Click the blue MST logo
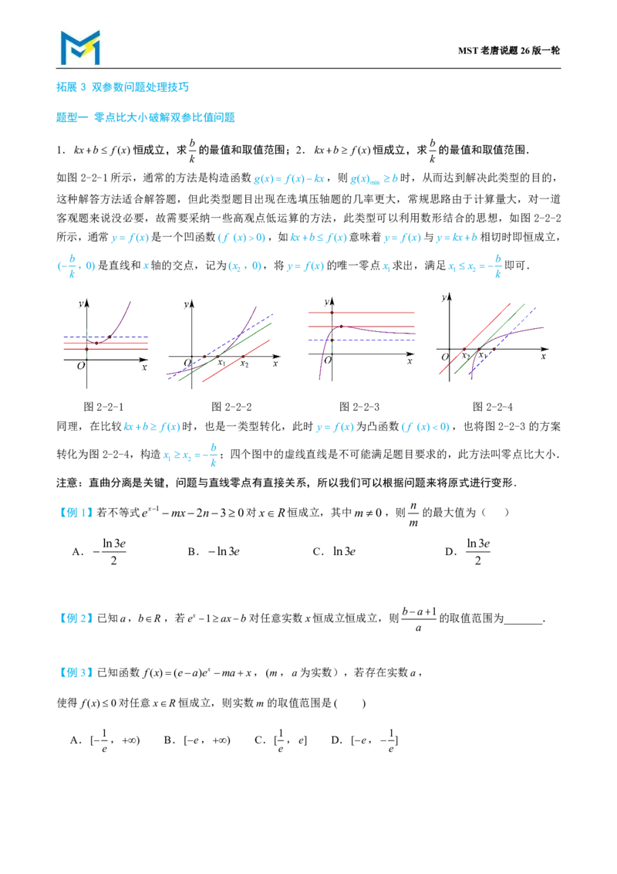coord(80,47)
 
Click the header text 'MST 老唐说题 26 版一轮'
coord(508,51)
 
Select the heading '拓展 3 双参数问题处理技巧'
coord(123,87)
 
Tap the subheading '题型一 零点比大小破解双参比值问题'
coord(145,117)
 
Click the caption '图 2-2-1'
coord(103,407)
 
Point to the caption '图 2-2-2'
coord(231,407)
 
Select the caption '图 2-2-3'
coord(359,407)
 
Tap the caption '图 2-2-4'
coord(492,407)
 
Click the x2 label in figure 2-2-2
coord(244,364)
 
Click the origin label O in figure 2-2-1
coord(81,365)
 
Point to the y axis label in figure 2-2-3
coord(326,302)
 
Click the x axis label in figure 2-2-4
coord(544,356)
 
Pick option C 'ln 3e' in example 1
coord(334,551)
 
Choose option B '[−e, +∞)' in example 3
coord(197,740)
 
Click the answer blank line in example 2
coord(523,623)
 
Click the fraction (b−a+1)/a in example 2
coord(419,618)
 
